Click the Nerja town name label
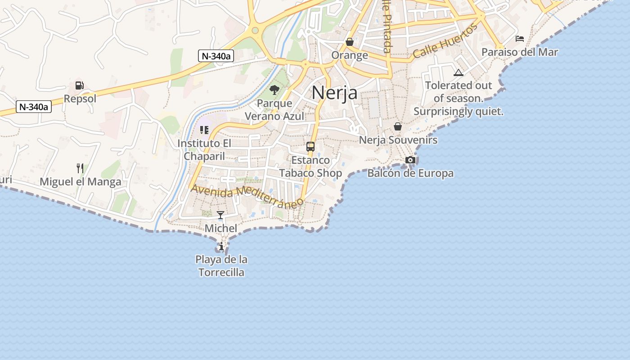click(x=335, y=93)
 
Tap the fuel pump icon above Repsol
click(x=80, y=85)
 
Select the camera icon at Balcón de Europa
click(x=410, y=160)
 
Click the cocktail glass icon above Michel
click(x=220, y=215)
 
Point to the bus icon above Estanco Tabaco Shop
click(x=310, y=146)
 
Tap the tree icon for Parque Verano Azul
click(x=274, y=90)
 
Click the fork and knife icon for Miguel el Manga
click(x=80, y=168)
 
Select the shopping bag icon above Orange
click(x=350, y=42)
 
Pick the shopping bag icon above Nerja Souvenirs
click(x=398, y=126)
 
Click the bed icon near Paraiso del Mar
click(x=520, y=39)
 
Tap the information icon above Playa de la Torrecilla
click(x=221, y=247)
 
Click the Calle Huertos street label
click(x=445, y=41)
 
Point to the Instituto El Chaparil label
click(x=204, y=150)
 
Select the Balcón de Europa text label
click(x=410, y=173)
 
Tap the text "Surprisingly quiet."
click(x=458, y=112)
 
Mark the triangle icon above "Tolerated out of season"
click(x=458, y=73)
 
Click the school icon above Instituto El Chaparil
click(x=204, y=130)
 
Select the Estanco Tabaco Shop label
click(x=310, y=166)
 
